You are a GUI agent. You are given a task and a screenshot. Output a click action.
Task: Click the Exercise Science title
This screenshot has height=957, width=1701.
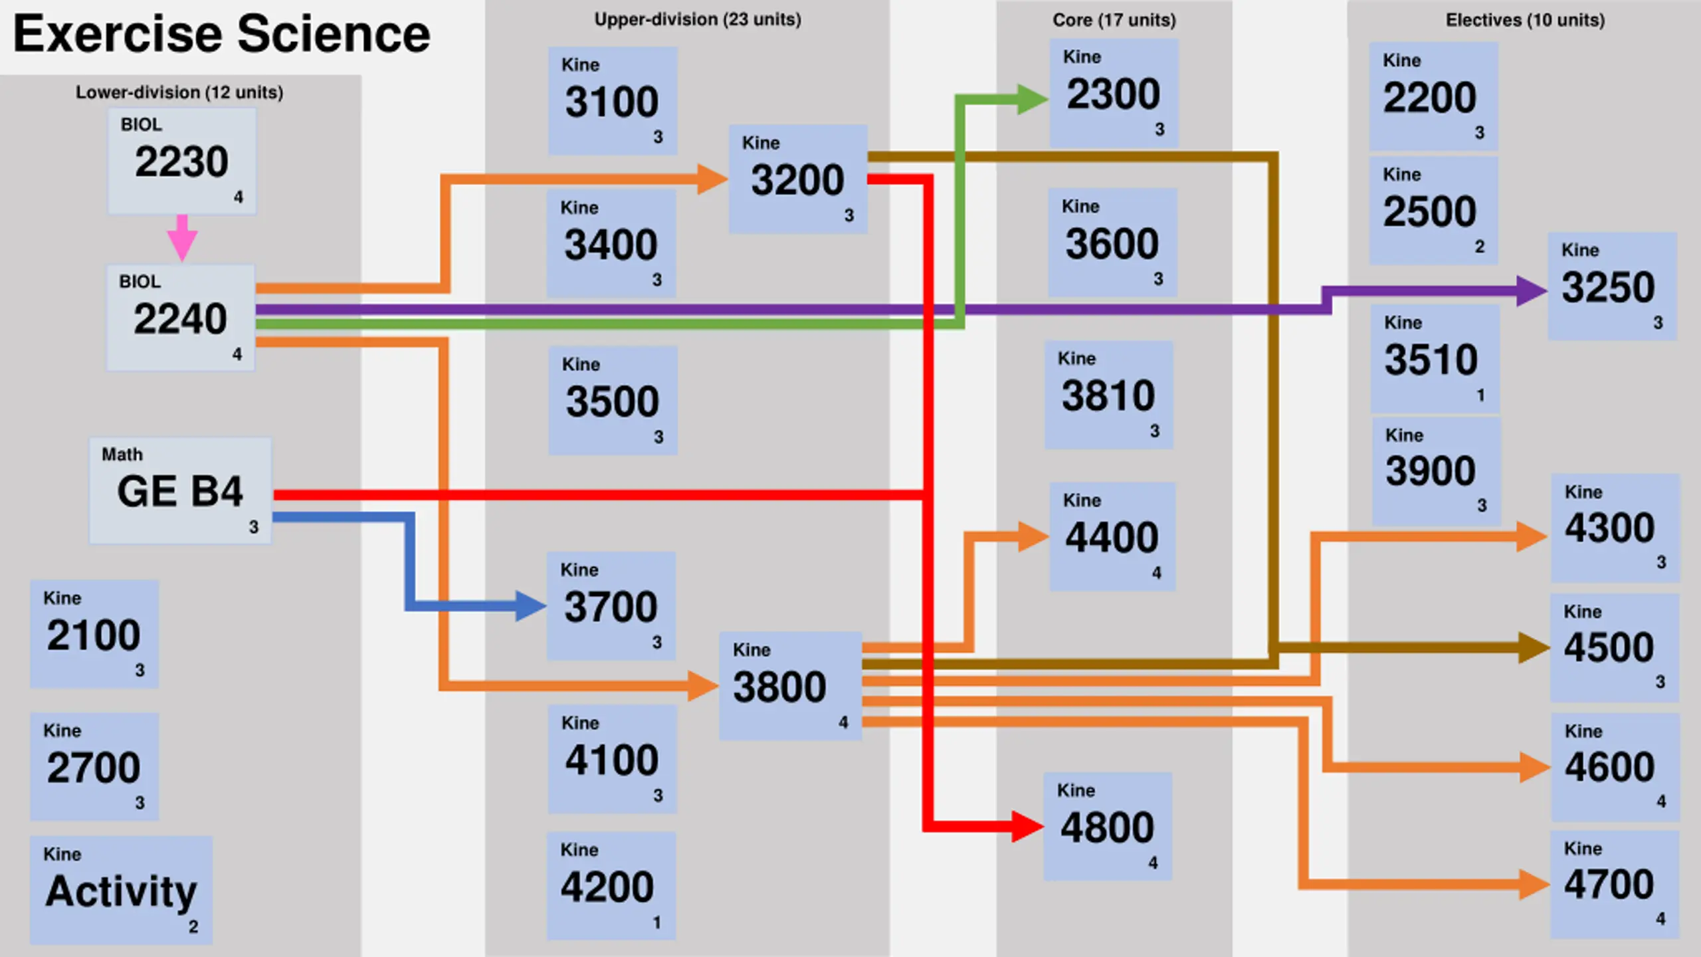click(x=221, y=35)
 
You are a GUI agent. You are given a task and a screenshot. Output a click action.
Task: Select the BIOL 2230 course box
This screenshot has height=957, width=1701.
click(x=182, y=161)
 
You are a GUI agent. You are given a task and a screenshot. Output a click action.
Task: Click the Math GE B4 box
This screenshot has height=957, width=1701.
click(x=180, y=490)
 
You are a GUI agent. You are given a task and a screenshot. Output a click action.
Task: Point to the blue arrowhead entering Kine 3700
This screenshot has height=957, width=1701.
click(x=531, y=605)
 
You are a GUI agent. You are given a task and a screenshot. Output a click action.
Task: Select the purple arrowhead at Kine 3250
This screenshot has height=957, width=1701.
click(x=1532, y=291)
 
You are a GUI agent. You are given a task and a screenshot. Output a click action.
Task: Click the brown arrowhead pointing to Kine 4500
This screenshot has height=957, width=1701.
click(x=1534, y=647)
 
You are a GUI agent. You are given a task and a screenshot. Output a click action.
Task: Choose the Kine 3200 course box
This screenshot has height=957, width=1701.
click(x=797, y=179)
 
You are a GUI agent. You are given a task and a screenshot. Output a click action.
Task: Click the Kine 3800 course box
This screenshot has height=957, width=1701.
click(x=790, y=687)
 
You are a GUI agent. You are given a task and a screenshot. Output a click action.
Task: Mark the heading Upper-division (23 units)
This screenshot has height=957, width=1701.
click(x=698, y=20)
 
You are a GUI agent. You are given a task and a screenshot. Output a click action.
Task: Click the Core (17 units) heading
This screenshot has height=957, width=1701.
click(x=1114, y=21)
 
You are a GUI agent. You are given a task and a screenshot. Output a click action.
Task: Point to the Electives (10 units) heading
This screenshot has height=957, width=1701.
click(x=1525, y=21)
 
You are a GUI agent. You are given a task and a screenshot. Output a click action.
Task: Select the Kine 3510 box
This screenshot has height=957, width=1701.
click(x=1435, y=359)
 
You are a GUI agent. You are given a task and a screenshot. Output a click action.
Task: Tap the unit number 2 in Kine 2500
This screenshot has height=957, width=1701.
click(x=1479, y=247)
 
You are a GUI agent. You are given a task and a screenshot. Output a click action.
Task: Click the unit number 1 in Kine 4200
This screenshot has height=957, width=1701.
click(x=656, y=922)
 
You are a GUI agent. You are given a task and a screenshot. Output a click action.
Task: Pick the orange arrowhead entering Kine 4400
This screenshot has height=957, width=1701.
click(x=1033, y=536)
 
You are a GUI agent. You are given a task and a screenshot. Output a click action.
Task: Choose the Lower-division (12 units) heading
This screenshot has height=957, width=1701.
click(x=179, y=92)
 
